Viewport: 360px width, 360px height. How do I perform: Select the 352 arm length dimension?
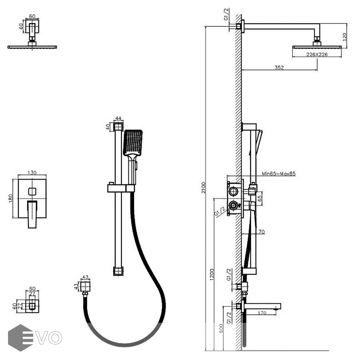click(x=279, y=68)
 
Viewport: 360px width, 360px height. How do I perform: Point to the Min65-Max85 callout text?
click(x=279, y=174)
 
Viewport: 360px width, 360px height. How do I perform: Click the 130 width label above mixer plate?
click(x=32, y=173)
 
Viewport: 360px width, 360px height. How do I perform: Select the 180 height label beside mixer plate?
click(x=12, y=198)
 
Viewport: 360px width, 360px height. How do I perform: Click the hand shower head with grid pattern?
click(x=133, y=142)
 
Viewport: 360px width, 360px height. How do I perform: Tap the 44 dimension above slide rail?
click(x=118, y=118)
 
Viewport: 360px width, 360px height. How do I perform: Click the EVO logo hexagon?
click(x=20, y=337)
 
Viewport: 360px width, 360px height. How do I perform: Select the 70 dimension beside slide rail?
click(x=262, y=231)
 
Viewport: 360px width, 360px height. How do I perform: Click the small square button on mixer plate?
click(x=32, y=192)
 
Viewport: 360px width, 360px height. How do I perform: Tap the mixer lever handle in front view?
click(x=32, y=214)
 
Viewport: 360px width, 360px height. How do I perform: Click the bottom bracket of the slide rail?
click(x=118, y=271)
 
